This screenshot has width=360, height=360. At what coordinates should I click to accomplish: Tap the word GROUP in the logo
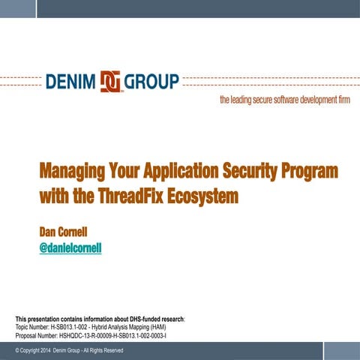pos(151,80)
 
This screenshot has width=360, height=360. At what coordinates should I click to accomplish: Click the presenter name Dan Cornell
pos(66,232)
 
